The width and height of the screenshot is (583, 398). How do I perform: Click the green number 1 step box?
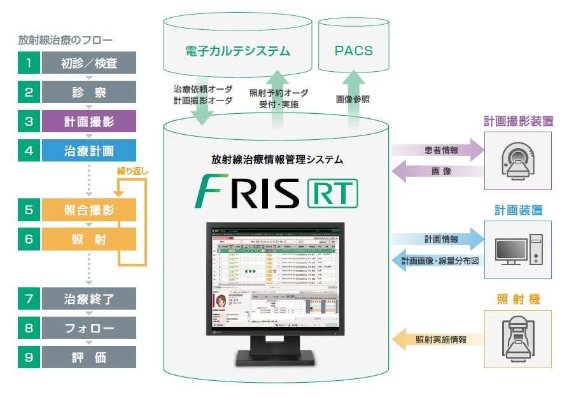click(29, 62)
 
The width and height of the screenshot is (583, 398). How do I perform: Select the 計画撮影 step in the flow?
click(88, 121)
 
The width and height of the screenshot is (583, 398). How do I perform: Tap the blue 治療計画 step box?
click(88, 151)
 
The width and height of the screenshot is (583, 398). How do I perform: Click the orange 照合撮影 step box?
click(88, 210)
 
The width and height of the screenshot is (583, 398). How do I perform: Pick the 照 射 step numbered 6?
click(88, 238)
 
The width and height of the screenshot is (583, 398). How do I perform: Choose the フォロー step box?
click(88, 328)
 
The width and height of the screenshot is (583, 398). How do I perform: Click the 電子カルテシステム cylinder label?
click(237, 50)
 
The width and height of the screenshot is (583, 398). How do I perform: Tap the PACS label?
click(354, 50)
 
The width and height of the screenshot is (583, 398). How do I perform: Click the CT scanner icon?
click(517, 160)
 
